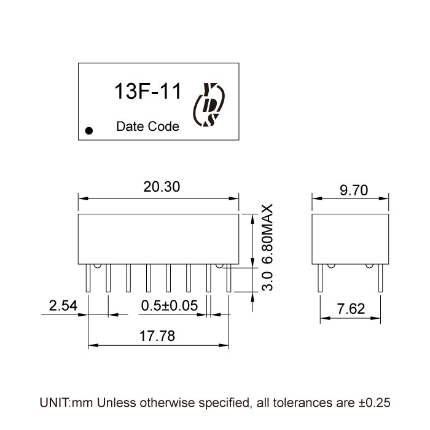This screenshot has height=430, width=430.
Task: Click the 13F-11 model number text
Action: click(x=147, y=92)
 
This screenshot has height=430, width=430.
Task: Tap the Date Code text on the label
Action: click(x=147, y=127)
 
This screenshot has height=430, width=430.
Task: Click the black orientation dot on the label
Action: click(x=90, y=130)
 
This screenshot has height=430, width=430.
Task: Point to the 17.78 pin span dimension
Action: click(x=158, y=337)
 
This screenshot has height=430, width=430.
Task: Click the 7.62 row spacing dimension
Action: click(x=351, y=309)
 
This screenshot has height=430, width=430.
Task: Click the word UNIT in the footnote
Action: click(x=54, y=403)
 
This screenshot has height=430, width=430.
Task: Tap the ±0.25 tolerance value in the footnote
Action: click(x=373, y=403)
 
